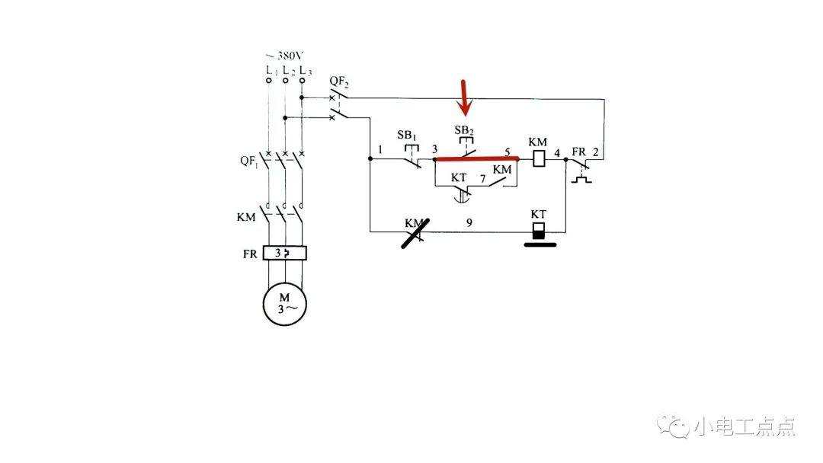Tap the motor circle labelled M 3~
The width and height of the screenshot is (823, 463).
[x=284, y=302]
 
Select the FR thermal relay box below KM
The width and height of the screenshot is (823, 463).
[x=284, y=253]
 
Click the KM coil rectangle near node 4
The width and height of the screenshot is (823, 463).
[x=539, y=159]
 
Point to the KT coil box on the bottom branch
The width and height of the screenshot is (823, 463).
[x=539, y=231]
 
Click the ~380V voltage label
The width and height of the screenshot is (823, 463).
[x=283, y=56]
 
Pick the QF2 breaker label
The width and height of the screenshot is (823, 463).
[x=340, y=80]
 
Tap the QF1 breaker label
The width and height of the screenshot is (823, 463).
[x=249, y=161]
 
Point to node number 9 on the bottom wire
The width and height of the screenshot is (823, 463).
[x=469, y=222]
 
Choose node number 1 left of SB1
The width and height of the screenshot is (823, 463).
[x=379, y=150]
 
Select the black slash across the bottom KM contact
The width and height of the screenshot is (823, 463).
[x=415, y=233]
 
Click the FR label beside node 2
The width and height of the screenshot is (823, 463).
[x=578, y=152]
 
